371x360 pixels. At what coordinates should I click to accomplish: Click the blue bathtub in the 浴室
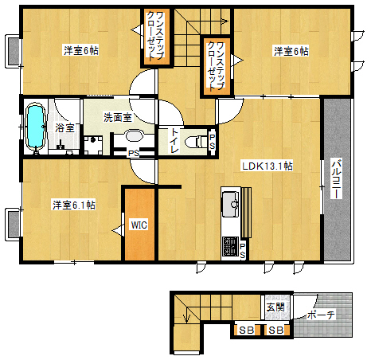35,127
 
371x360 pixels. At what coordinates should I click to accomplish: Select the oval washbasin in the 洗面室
134,135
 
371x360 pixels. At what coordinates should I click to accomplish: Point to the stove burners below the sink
230,246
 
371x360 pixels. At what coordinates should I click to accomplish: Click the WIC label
139,225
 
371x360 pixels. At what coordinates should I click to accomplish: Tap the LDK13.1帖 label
267,166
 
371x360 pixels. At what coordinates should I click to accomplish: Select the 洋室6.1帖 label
73,205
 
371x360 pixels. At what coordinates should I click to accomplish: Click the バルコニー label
336,178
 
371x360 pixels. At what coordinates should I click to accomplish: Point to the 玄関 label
275,307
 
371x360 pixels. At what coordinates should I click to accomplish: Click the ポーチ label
321,315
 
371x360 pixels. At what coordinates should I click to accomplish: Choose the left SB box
246,330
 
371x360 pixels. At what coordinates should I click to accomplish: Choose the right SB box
275,330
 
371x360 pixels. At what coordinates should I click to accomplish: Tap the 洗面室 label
117,117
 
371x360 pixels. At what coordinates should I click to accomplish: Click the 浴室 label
64,127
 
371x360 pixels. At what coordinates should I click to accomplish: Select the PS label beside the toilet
213,142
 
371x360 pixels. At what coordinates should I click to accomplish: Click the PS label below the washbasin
134,154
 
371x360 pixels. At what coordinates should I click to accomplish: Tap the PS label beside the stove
243,251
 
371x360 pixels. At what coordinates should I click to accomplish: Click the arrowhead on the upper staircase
225,21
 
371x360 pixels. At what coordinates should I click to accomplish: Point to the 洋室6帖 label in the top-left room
81,50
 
